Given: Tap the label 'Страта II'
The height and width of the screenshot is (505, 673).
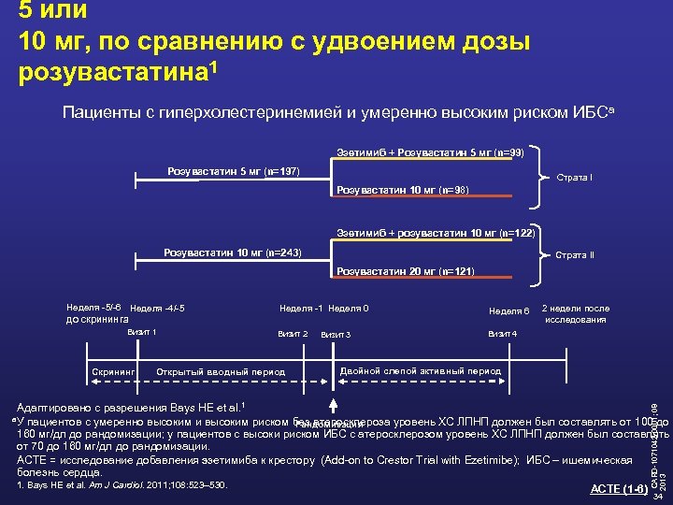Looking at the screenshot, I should pos(575,255).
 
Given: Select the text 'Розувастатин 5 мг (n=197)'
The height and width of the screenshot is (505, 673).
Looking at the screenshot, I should pos(233,171).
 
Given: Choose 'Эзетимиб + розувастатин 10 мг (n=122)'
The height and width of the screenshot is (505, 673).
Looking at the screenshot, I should pos(435,233).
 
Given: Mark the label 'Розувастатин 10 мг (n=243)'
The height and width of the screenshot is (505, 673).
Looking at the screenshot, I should pos(233,252).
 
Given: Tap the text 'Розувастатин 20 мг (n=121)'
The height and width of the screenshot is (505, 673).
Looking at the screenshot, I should pos(406,271).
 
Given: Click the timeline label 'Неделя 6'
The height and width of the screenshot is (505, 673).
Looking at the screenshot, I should pos(509,310).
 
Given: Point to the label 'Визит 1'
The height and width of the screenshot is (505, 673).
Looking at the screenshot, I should pos(141,332).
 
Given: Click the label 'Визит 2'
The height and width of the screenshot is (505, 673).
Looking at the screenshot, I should pos(293,334).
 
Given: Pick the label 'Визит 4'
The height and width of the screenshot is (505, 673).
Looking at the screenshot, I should pos(502,334).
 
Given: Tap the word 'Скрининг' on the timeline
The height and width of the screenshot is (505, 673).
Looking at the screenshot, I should pos(114,371).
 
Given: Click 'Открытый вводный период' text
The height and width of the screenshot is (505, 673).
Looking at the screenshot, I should pos(221,371).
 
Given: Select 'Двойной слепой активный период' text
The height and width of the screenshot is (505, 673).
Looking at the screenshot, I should pos(421,370).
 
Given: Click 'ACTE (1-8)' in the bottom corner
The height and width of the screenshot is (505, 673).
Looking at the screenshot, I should pos(618,490).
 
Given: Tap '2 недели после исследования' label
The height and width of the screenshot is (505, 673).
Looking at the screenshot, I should pos(576,314).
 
